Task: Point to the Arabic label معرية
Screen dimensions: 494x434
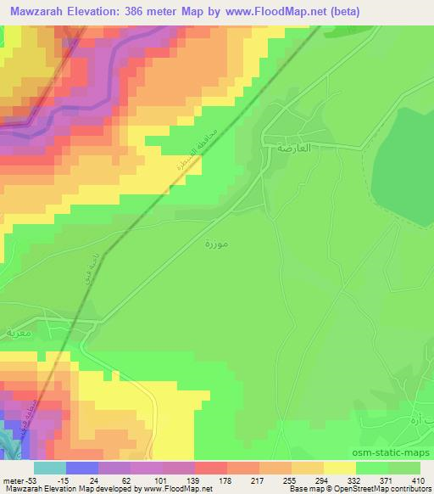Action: pyautogui.click(x=18, y=334)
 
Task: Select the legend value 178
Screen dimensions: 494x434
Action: pyautogui.click(x=225, y=480)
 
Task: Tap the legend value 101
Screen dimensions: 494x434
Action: pyautogui.click(x=160, y=480)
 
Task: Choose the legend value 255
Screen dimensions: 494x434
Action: pyautogui.click(x=290, y=480)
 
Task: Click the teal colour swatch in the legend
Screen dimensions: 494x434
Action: pyautogui.click(x=49, y=468)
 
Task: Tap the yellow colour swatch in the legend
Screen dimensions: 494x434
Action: pyautogui.click(x=340, y=468)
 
